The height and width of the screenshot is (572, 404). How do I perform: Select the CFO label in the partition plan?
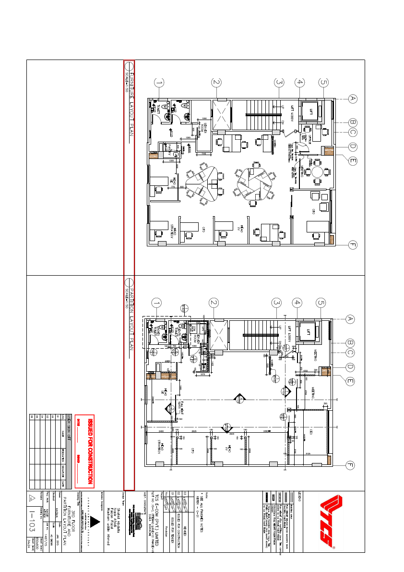point(191,450)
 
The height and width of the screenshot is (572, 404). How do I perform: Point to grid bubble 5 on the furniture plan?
point(323,83)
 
